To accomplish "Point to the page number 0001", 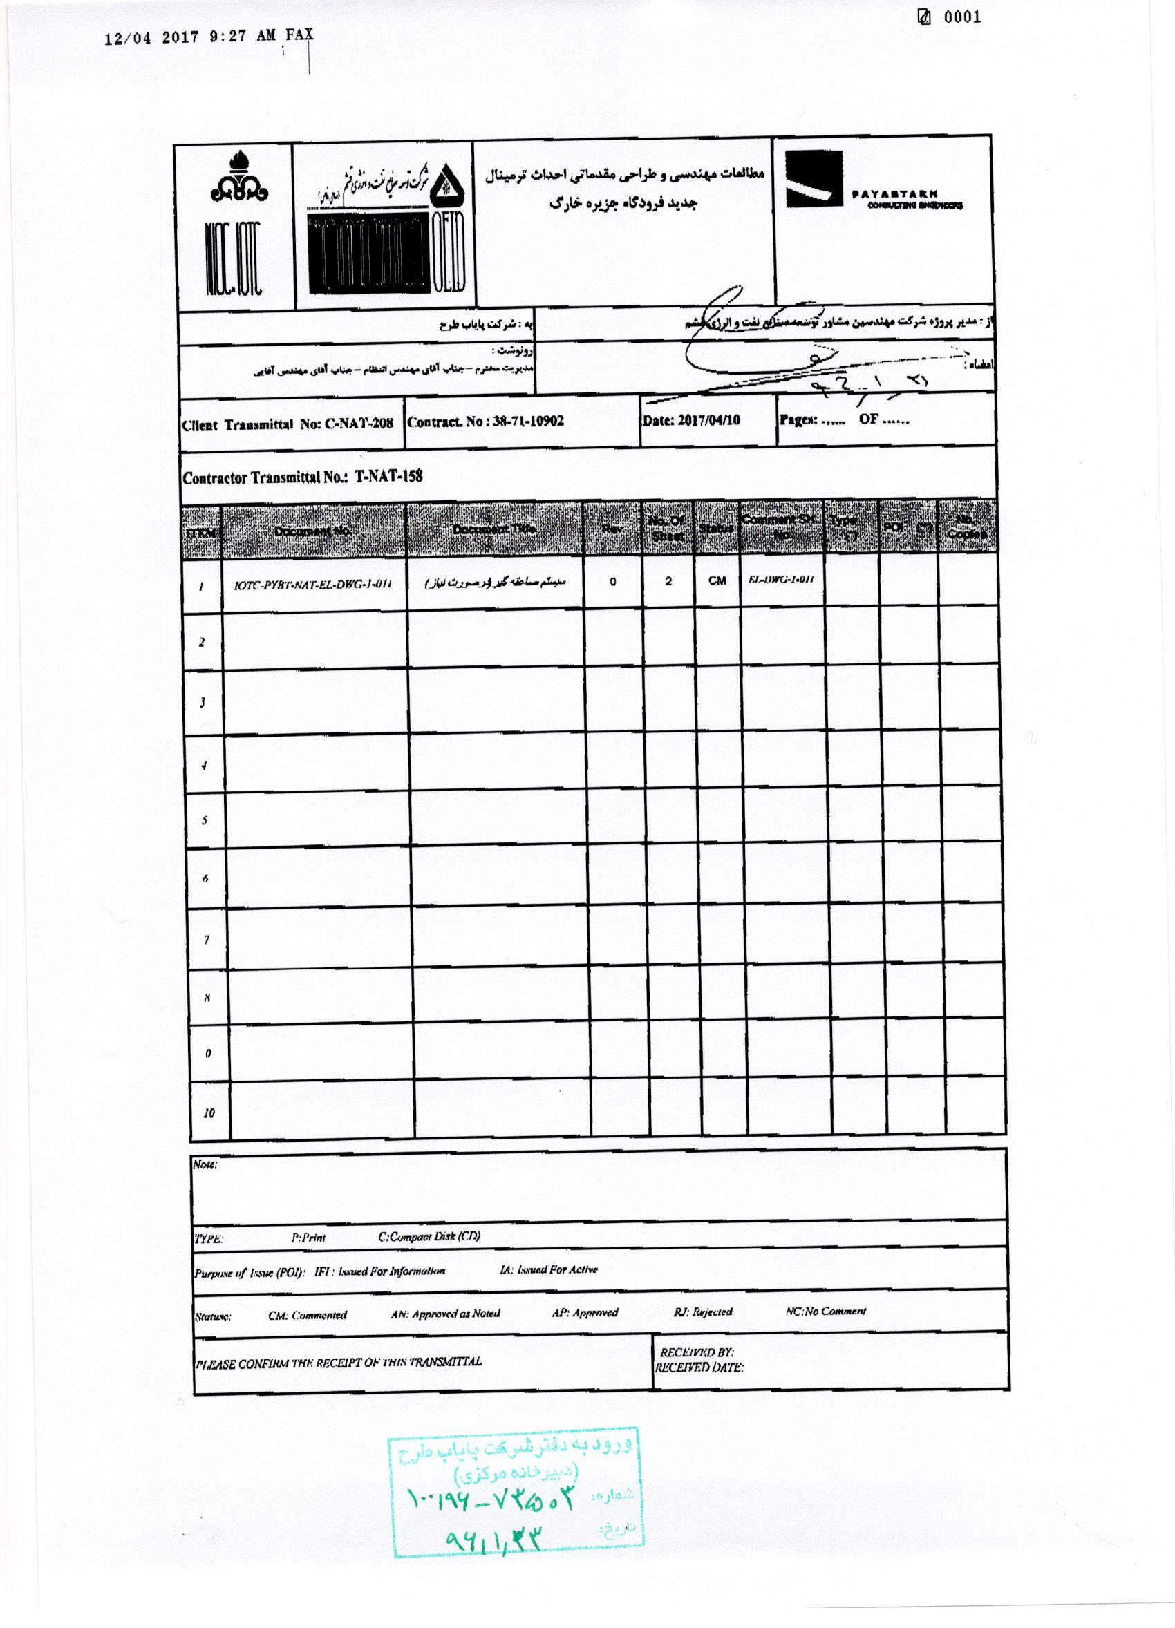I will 961,17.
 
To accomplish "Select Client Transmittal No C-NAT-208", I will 287,424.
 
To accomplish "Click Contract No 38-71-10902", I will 485,422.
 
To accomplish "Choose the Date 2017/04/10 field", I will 690,420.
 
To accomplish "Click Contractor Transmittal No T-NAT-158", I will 302,477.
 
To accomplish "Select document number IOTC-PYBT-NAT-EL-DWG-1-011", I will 312,585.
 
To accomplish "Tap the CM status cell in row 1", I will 716,580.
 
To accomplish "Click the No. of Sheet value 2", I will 668,580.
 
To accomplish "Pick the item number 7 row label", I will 207,940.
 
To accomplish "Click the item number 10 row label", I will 208,1113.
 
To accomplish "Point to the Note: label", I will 205,1165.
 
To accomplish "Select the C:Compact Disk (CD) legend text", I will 429,1236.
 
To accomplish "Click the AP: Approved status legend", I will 584,1312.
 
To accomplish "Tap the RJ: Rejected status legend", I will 703,1312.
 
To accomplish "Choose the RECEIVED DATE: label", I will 698,1367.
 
